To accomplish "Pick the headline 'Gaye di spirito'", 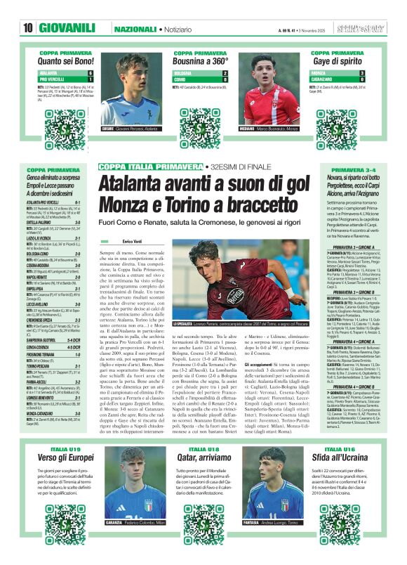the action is (x=338, y=60).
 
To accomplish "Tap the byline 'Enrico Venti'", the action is (x=133, y=241).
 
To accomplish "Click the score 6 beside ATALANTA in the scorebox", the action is (x=90, y=73).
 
